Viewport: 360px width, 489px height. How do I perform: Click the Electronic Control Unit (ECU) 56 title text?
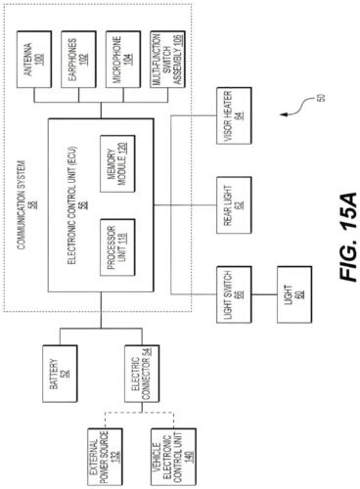(68, 195)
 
